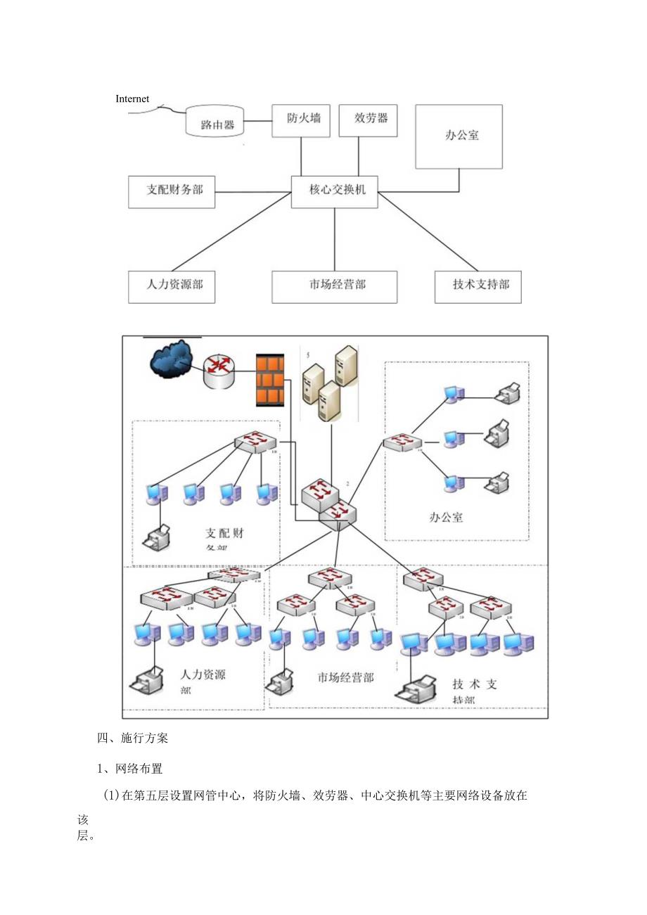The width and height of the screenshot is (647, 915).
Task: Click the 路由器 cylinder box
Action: (x=214, y=122)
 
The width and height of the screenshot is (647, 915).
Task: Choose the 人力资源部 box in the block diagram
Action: (x=172, y=287)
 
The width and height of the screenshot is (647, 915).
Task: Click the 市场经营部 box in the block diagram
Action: (x=335, y=287)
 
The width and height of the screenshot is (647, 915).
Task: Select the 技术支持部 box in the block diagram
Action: (x=478, y=287)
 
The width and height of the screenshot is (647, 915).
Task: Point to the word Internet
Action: (x=132, y=99)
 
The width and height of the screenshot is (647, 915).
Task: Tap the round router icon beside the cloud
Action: (x=218, y=371)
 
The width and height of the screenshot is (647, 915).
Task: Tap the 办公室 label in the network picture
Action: (x=447, y=517)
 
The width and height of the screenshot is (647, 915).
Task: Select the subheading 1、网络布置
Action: (x=129, y=769)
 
